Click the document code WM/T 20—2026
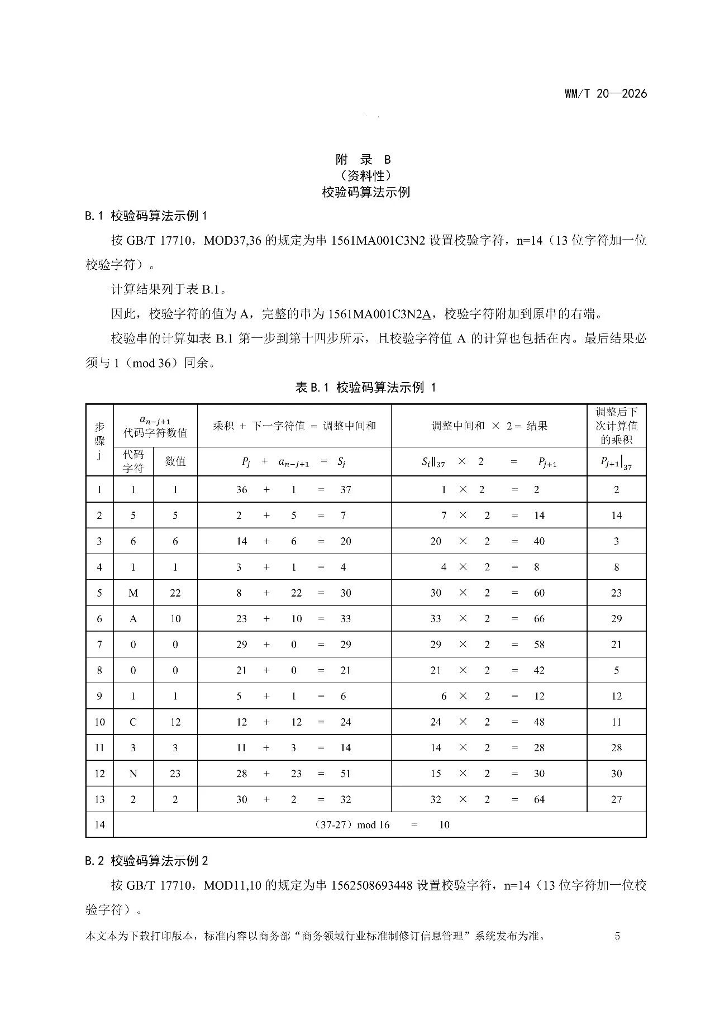pos(606,94)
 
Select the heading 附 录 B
pos(364,159)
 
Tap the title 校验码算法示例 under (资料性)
pos(366,192)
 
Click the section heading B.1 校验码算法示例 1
pos(146,216)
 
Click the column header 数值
pos(175,461)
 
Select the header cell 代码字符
pos(133,461)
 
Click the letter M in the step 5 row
pos(133,593)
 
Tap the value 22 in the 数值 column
pos(175,593)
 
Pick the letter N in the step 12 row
pos(133,774)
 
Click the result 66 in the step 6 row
pos(538,619)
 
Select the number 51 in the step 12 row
pos(346,774)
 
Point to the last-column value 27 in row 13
pos(616,799)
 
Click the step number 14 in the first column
pos(99,825)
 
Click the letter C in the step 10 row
pos(133,722)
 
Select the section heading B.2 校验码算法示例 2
pos(146,861)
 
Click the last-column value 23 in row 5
pos(616,593)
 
